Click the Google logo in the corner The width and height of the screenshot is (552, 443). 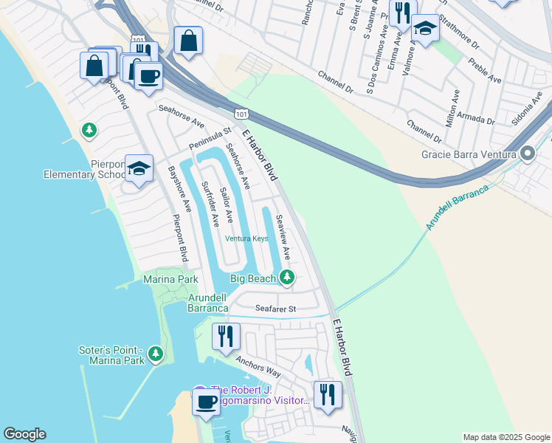coord(24,434)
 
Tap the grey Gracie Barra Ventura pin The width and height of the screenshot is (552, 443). coord(528,154)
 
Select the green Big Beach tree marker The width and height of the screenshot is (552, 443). coord(288,278)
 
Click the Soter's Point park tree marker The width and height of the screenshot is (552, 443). coord(155,354)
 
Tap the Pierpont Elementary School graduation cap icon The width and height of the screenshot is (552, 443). coord(139,168)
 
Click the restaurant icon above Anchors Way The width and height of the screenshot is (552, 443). coord(226,336)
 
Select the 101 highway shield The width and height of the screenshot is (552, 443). coord(241,113)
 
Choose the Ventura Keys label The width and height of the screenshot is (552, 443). coord(246,238)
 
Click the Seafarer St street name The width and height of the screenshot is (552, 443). coord(275,309)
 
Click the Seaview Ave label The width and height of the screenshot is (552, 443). coord(283,237)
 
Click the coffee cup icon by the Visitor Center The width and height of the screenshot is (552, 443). coord(206,402)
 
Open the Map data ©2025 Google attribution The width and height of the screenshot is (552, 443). coord(506,437)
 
